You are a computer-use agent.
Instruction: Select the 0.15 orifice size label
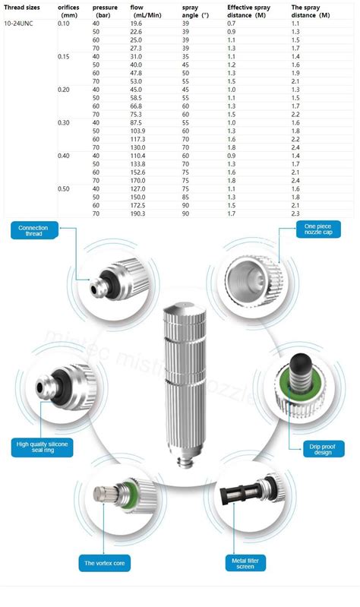pyautogui.click(x=64, y=57)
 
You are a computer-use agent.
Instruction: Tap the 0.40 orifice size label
pyautogui.click(x=64, y=155)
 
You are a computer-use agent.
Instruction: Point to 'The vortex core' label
pyautogui.click(x=105, y=563)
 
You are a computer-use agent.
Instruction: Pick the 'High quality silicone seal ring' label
pyautogui.click(x=42, y=447)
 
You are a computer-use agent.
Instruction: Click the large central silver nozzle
pyautogui.click(x=181, y=380)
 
